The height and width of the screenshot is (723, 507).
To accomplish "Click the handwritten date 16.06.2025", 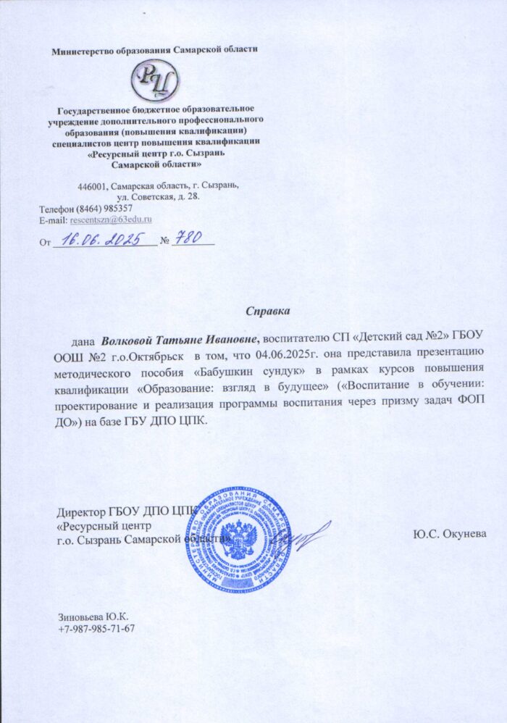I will tap(103, 238).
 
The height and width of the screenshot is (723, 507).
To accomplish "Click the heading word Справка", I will tap(267, 312).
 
